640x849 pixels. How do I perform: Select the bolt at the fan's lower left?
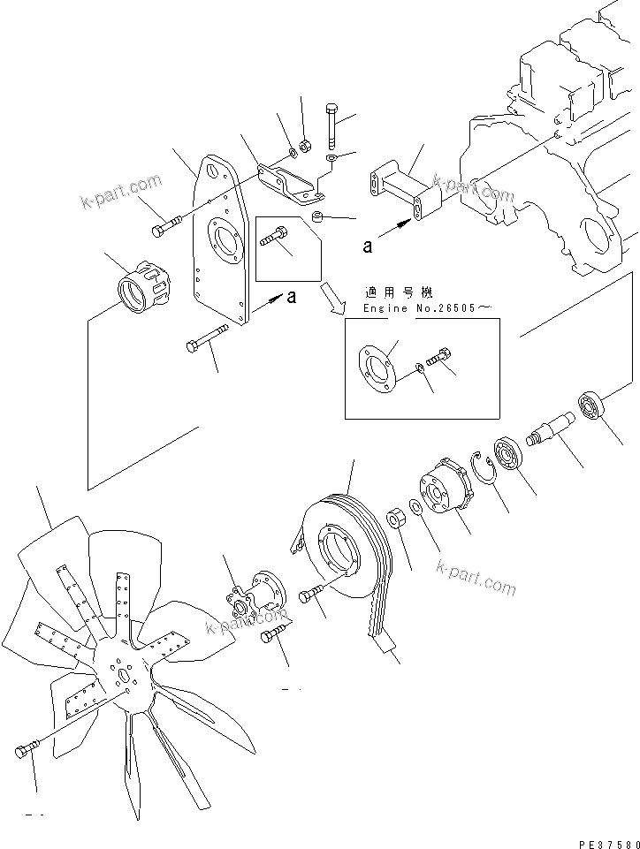pyautogui.click(x=24, y=752)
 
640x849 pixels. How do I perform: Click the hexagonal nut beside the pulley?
pyautogui.click(x=397, y=514)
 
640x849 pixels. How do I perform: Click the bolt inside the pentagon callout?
pyautogui.click(x=274, y=237)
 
